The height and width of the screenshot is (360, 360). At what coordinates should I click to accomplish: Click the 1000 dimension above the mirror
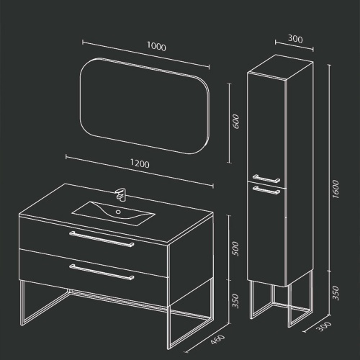pos(156,46)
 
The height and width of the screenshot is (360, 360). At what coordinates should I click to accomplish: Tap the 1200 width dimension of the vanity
pos(140,163)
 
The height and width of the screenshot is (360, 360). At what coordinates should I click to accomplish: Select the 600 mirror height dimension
pos(236,121)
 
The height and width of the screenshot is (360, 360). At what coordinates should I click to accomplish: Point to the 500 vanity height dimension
pos(235,248)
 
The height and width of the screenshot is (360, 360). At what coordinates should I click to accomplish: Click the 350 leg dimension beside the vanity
pos(235,301)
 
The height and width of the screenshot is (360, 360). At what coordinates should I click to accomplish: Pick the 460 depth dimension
pos(218,339)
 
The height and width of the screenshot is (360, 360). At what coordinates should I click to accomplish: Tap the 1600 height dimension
pos(336,189)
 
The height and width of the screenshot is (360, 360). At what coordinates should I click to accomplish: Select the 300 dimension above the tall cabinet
pos(295,39)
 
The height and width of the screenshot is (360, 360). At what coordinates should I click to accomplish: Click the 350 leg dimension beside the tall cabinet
pos(336,293)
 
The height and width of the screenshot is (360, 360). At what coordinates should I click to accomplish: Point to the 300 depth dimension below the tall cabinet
pos(325,326)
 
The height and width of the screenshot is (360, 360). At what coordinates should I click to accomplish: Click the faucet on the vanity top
pos(121,194)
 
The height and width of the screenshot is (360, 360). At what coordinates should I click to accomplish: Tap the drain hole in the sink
pos(118,212)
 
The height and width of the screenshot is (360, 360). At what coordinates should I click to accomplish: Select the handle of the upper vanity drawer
pos(102,239)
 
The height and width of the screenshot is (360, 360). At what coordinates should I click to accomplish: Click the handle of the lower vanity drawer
pos(102,272)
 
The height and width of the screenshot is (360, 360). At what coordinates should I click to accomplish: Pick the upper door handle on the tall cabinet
pos(266,179)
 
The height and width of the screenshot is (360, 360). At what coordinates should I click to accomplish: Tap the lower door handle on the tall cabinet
pos(266,190)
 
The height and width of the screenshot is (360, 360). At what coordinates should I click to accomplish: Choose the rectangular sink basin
pos(113,213)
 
